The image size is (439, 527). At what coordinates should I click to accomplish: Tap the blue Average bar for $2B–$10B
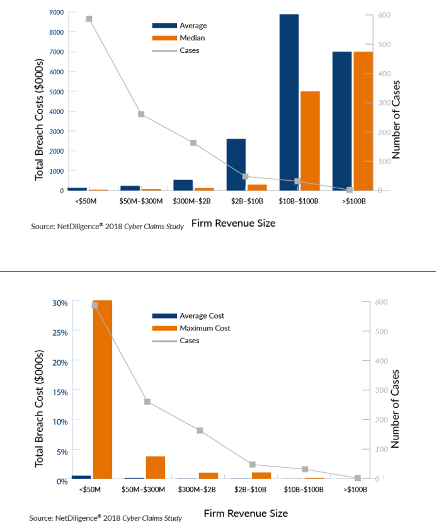(x=236, y=164)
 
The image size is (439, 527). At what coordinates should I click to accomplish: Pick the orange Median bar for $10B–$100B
(x=310, y=140)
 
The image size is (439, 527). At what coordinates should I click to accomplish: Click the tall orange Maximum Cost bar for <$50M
(x=102, y=390)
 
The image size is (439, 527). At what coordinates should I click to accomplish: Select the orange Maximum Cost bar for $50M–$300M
(x=155, y=468)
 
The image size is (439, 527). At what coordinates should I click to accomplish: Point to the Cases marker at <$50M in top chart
(x=89, y=19)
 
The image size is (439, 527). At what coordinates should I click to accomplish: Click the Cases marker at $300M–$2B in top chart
(x=193, y=143)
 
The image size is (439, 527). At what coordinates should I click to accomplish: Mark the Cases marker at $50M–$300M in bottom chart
(x=147, y=402)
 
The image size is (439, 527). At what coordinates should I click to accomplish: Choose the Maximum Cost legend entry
(x=205, y=328)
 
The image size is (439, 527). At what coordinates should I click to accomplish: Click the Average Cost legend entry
(x=202, y=316)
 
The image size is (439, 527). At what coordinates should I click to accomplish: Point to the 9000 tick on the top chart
(x=56, y=12)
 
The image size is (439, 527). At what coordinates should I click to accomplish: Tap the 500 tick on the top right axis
(x=384, y=45)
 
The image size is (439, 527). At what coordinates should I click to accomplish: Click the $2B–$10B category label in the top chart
(x=246, y=201)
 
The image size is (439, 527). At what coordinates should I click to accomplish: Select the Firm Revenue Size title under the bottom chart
(x=246, y=513)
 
